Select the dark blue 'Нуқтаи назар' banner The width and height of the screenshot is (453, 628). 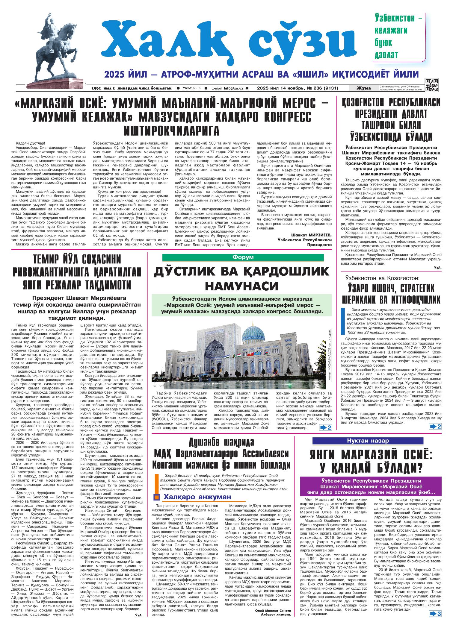click(372, 441)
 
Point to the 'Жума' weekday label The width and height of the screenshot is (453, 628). click(363, 88)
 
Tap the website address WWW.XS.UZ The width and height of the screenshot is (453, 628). click(192, 88)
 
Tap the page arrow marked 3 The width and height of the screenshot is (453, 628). click(436, 620)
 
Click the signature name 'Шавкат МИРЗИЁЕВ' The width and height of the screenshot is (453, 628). click(311, 234)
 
